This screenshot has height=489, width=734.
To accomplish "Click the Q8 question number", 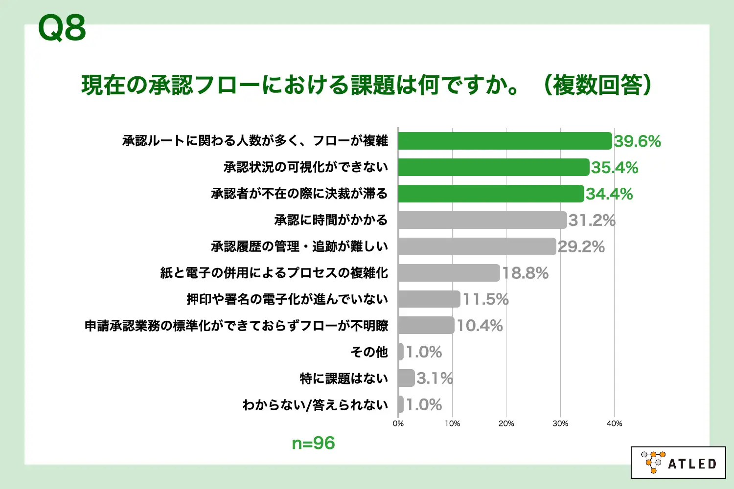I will [x=62, y=28].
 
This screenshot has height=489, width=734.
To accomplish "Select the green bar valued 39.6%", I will [x=505, y=141].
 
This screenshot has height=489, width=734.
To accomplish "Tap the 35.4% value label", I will [x=615, y=168].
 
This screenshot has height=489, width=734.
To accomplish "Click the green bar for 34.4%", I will [x=491, y=194].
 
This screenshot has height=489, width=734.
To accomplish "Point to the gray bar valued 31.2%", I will [x=482, y=220].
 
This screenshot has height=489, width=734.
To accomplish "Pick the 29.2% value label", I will [x=581, y=247].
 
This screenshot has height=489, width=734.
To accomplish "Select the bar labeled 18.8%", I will [x=449, y=273].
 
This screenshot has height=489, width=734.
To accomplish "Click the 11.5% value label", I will [x=486, y=299].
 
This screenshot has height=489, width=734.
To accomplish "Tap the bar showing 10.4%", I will [x=426, y=325].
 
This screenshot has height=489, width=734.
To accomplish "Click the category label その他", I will [x=369, y=352].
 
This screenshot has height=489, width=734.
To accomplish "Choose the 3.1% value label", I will [x=435, y=378].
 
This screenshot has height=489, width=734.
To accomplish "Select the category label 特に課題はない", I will [x=344, y=378].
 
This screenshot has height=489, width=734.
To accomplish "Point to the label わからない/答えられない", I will [x=315, y=405].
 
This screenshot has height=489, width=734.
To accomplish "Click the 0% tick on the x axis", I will [x=398, y=423].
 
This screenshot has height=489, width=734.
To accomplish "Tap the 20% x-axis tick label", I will [x=506, y=423].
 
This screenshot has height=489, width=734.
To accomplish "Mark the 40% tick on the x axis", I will [x=614, y=423].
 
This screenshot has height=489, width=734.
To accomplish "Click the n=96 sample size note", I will [x=313, y=443].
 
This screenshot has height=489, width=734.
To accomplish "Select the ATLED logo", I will [x=678, y=463].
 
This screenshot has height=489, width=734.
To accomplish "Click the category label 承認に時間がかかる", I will [x=331, y=220].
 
